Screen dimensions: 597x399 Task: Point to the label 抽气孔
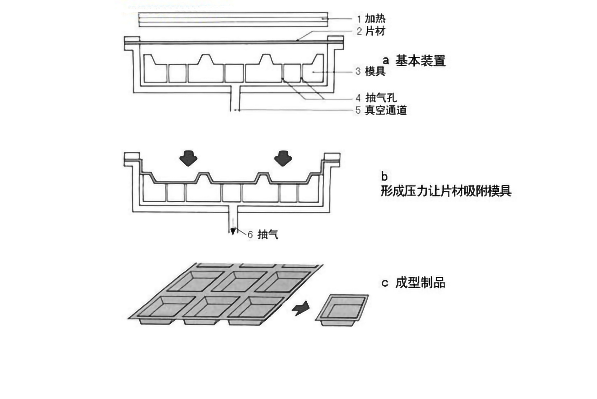point(381,98)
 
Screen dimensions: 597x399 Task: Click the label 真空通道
point(386,110)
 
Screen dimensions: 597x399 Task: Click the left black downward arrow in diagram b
point(188,158)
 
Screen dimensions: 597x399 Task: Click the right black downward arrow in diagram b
point(283,158)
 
